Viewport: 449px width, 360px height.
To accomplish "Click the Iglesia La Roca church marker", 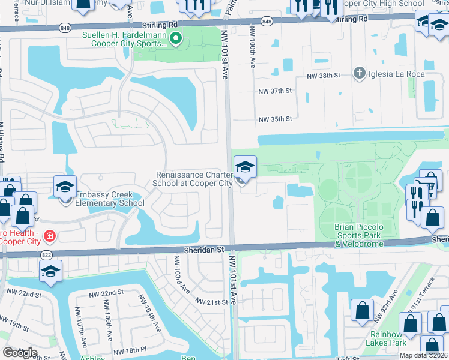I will coord(360,73).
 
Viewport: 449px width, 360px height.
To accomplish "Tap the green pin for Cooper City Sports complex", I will coord(175,40).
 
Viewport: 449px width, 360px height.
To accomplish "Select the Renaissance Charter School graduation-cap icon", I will coord(244,166).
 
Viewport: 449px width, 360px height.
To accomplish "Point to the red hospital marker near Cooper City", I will coord(47,236).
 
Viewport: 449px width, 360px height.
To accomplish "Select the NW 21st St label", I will coord(210,301).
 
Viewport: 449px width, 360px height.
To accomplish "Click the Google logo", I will coord(20,353).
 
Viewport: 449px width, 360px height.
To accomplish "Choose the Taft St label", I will coord(347,358).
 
